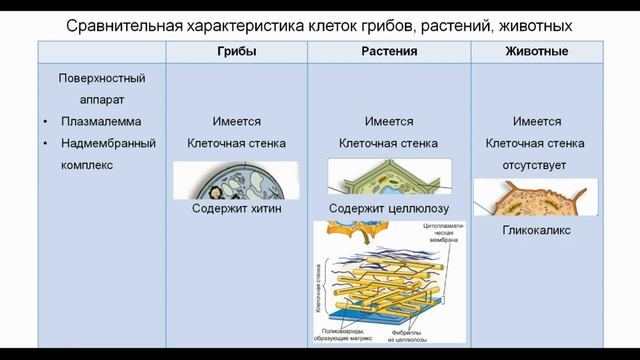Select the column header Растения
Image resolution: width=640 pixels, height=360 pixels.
point(389,51)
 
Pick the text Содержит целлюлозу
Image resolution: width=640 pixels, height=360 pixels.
point(389,209)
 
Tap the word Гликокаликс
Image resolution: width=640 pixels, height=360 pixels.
point(536,229)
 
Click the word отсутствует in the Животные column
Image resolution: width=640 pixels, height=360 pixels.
point(536,164)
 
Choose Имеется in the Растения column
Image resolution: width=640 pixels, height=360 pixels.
point(389,122)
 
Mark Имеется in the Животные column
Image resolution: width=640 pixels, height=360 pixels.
point(536,122)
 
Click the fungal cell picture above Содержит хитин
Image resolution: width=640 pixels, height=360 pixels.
point(235,182)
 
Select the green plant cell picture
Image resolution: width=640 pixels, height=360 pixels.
point(388,179)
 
